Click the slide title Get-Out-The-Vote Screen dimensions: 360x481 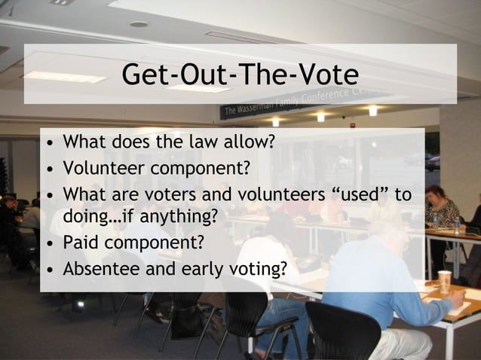pos(240,75)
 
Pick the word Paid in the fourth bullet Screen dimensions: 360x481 pos(81,243)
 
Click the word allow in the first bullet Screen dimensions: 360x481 pos(250,142)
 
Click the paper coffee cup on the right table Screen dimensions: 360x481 pos(445,281)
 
